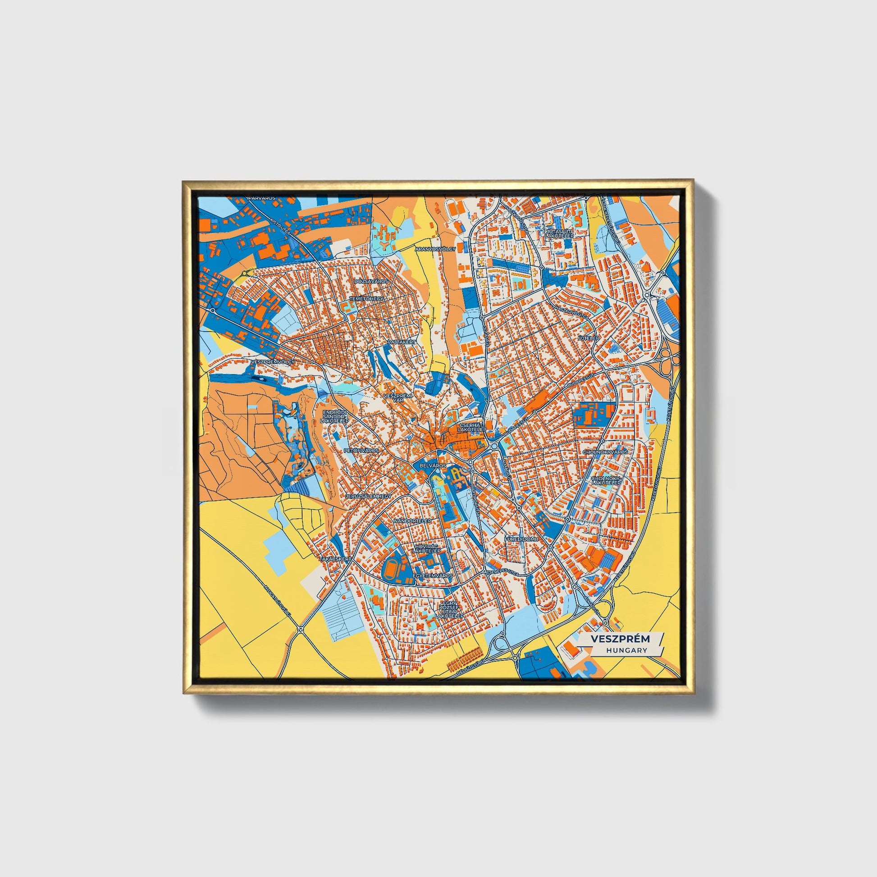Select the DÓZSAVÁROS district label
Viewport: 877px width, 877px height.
click(x=371, y=281)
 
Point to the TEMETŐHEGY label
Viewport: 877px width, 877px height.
click(x=367, y=299)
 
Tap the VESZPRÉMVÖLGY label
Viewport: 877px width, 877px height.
click(x=272, y=362)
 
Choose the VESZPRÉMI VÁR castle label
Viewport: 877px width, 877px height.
click(x=397, y=397)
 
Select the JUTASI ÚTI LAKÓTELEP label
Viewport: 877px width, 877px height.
click(x=560, y=234)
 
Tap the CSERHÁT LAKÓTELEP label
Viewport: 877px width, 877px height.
click(x=473, y=427)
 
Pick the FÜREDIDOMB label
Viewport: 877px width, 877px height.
click(x=521, y=539)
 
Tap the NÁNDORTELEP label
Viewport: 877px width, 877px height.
click(x=412, y=520)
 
